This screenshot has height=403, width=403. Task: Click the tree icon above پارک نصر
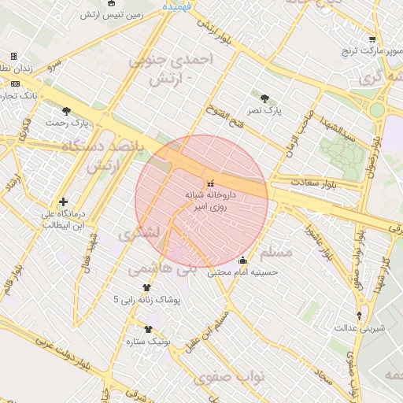pos(264,98)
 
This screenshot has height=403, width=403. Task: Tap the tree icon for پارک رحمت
pos(66,111)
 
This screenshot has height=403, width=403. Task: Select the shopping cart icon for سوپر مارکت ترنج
pos(372,39)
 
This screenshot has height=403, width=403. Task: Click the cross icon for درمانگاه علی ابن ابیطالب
pos(63,201)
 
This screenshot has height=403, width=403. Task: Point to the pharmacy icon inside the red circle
pos(209,183)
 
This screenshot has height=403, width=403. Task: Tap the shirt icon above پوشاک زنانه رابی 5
pos(146,288)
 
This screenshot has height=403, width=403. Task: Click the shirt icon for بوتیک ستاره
pos(148,329)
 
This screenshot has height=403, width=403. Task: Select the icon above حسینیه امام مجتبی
pos(242,261)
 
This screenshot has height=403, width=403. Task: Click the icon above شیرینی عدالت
pos(359,316)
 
